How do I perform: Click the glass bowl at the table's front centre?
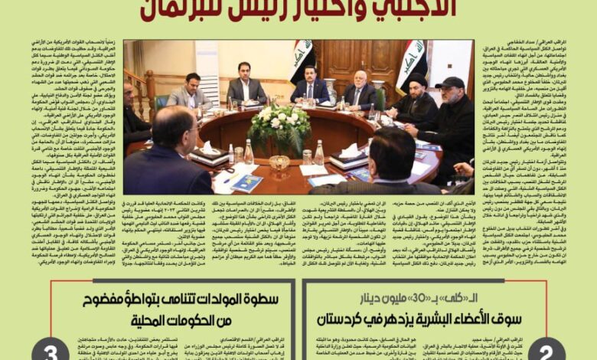pos(280,162)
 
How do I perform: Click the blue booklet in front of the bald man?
pos(246,182)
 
